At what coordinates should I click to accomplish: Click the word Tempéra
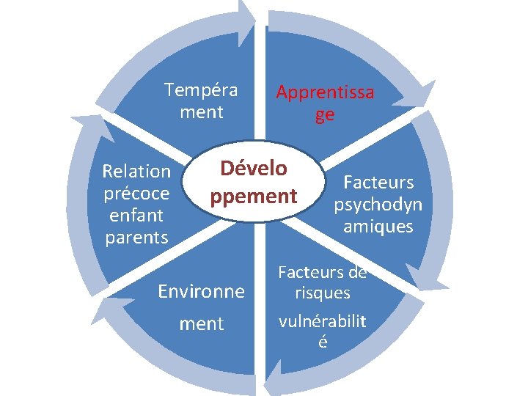point(201,90)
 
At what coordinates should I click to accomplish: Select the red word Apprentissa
point(324,93)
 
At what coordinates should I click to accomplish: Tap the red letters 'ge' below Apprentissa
point(324,115)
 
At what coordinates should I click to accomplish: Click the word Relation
point(136,172)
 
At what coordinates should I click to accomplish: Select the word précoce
point(136,194)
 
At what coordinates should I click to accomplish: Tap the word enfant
point(136,216)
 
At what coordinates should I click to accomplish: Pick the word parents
point(136,238)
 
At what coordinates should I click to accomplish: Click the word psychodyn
point(378,205)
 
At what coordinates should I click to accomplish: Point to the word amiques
point(378,227)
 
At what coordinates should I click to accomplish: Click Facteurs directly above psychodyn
point(378,182)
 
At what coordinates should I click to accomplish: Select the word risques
point(323,294)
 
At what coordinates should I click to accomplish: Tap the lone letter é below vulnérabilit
point(323,342)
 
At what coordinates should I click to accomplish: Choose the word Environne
point(202,292)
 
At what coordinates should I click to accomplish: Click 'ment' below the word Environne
point(202,324)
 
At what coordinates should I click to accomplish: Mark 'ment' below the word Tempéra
point(201,113)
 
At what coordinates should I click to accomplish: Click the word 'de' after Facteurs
point(357,273)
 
